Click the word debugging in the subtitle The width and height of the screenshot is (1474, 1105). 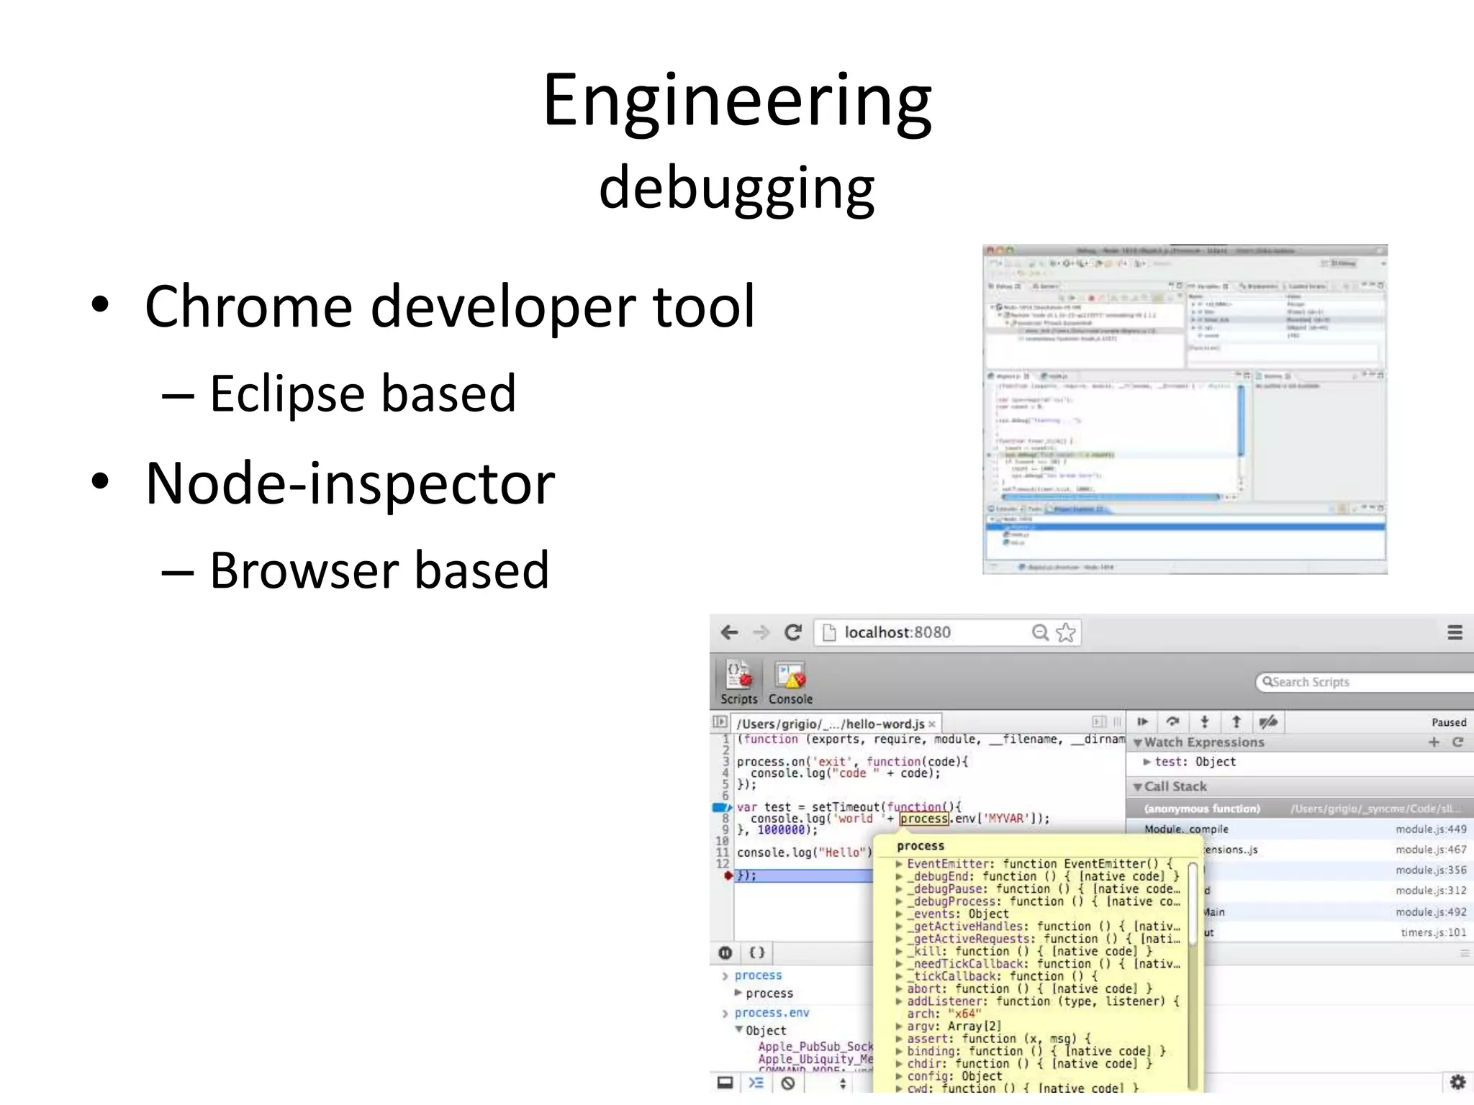pyautogui.click(x=736, y=188)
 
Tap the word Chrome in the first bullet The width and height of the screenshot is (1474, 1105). pyautogui.click(x=248, y=307)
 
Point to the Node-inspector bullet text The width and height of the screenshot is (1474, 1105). pyautogui.click(x=350, y=483)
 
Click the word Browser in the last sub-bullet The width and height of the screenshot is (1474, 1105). pyautogui.click(x=302, y=570)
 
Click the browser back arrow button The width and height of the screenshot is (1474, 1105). pyautogui.click(x=729, y=632)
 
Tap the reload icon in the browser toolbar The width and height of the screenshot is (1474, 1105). pyautogui.click(x=793, y=632)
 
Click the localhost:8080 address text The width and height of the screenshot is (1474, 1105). pyautogui.click(x=897, y=632)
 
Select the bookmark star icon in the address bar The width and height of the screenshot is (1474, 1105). pyautogui.click(x=1066, y=632)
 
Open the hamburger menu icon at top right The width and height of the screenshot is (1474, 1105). pyautogui.click(x=1455, y=632)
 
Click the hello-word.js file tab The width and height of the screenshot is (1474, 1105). pyautogui.click(x=831, y=724)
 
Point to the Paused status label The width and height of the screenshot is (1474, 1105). pyautogui.click(x=1448, y=722)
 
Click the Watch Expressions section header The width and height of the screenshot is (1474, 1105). pyautogui.click(x=1203, y=742)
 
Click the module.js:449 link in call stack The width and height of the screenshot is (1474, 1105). pyautogui.click(x=1430, y=829)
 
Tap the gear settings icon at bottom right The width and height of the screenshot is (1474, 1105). pyautogui.click(x=1457, y=1082)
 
